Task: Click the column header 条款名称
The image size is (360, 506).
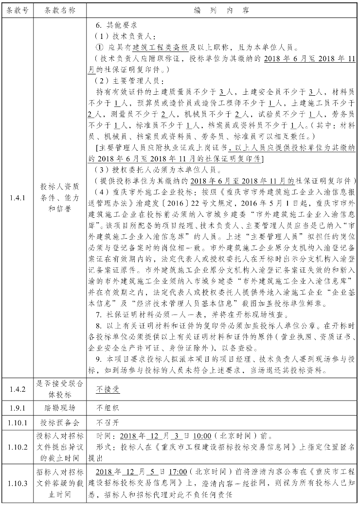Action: [x=57, y=10]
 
